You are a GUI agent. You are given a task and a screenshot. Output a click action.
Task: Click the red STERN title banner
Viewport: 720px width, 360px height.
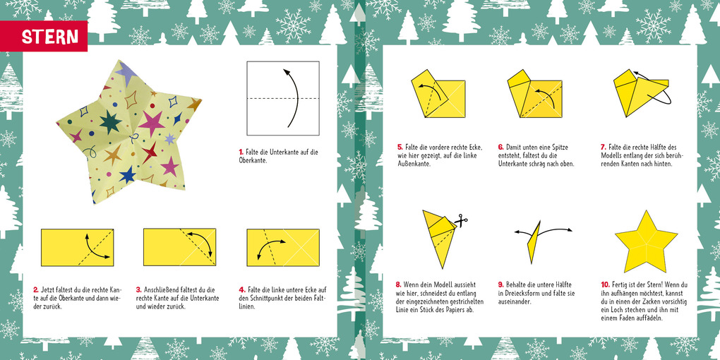(x=49, y=37)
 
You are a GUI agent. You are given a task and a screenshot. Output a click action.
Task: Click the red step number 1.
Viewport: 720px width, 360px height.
(x=241, y=152)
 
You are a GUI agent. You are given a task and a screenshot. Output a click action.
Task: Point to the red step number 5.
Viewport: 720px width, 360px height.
(x=400, y=148)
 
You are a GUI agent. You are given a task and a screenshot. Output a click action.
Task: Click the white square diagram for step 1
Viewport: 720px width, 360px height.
(x=282, y=98)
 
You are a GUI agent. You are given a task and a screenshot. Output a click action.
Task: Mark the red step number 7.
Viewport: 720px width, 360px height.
(x=604, y=148)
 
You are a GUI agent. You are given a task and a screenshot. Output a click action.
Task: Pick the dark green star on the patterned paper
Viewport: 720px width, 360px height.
(x=110, y=122)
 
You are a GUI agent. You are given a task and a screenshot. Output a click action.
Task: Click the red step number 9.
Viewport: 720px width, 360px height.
(x=500, y=284)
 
